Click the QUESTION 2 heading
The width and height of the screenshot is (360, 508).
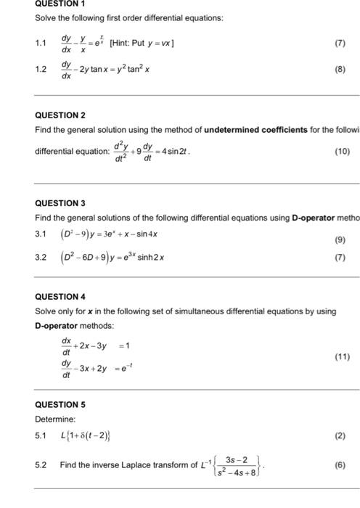(x=60, y=115)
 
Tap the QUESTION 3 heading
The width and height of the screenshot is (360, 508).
(x=60, y=203)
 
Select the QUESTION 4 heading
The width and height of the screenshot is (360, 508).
(x=60, y=297)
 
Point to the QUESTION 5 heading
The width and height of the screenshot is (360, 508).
(x=60, y=404)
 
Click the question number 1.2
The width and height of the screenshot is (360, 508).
(x=41, y=70)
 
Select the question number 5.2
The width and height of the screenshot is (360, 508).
(x=41, y=465)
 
